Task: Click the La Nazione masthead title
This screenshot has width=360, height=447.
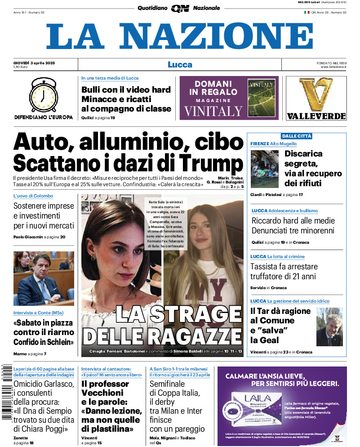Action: coord(180,37)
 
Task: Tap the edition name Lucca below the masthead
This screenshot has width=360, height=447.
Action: coord(180,65)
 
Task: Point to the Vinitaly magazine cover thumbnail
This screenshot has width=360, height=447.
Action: coord(261,98)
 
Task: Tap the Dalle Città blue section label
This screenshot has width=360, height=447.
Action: coord(296,136)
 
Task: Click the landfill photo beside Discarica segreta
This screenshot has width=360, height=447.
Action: coord(265,169)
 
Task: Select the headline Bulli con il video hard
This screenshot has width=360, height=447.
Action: coord(126,89)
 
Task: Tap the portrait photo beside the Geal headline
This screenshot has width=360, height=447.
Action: coord(329,326)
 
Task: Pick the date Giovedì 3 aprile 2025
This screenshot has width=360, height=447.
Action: coord(34,62)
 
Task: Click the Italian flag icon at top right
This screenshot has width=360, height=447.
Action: coord(307,12)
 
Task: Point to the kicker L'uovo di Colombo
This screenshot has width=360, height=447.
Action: coord(33,196)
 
